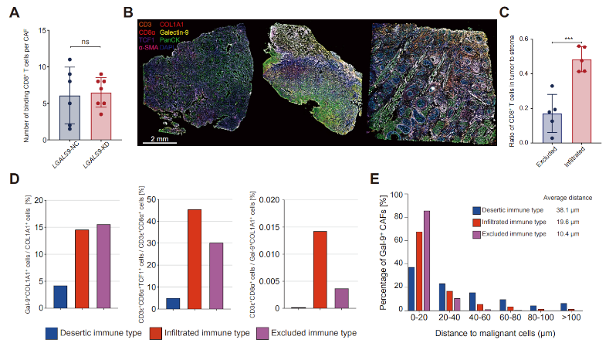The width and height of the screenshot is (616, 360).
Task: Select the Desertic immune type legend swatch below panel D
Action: point(52,334)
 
